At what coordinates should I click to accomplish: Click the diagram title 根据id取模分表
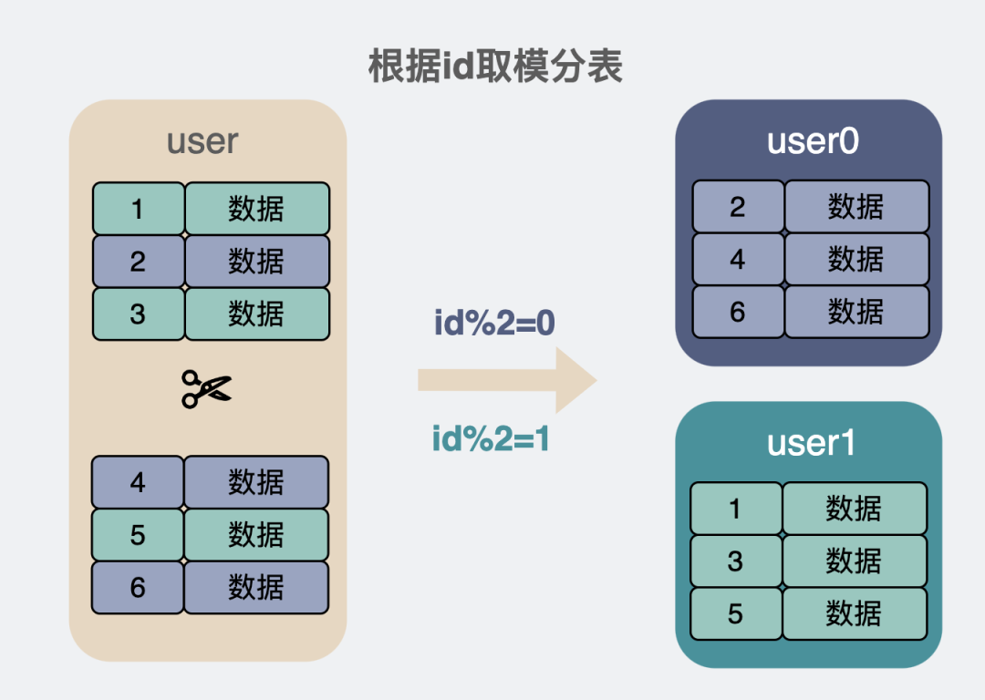[x=495, y=67]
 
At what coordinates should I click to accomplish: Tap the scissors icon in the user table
[x=206, y=389]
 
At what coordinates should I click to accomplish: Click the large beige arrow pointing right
[x=506, y=380]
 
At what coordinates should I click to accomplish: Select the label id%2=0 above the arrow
[x=494, y=324]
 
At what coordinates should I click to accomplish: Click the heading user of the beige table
[x=202, y=141]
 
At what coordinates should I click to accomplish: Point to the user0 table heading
[x=812, y=141]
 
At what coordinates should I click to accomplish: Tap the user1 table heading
[x=810, y=443]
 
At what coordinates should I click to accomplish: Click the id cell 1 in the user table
[x=138, y=209]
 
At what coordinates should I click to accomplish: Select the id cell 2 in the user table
[x=138, y=262]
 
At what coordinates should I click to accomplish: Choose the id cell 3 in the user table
[x=138, y=314]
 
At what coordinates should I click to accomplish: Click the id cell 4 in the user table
[x=138, y=482]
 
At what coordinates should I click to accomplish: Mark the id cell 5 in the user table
[x=138, y=534]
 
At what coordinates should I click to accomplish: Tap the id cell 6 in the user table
[x=138, y=587]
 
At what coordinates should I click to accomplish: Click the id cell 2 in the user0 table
[x=738, y=207]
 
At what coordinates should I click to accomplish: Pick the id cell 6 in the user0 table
[x=738, y=312]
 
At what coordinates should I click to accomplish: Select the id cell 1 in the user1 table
[x=736, y=509]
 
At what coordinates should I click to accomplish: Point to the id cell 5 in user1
[x=736, y=613]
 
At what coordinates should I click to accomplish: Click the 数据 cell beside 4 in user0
[x=856, y=260]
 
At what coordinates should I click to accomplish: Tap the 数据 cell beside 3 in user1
[x=855, y=561]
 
